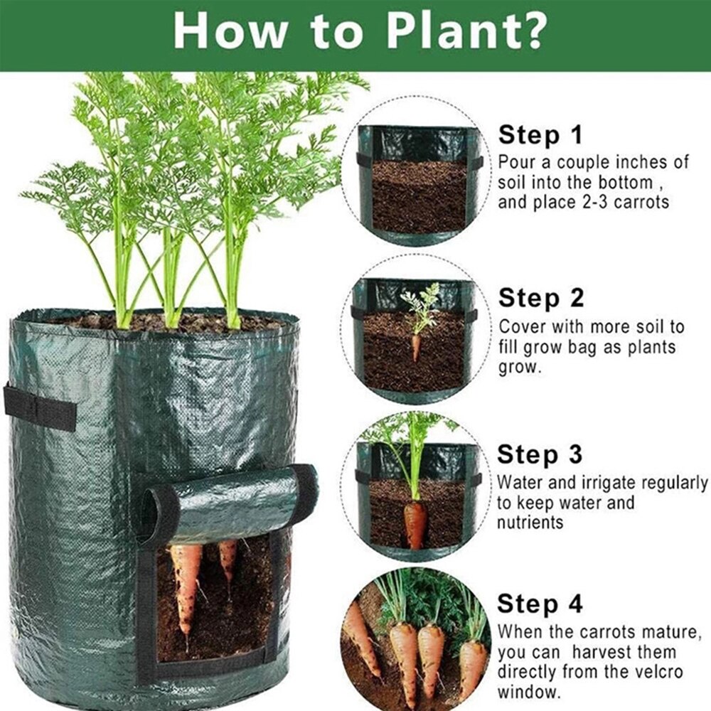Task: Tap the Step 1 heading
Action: pos(540,134)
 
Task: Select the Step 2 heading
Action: pos(541,298)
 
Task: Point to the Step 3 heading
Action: pos(540,454)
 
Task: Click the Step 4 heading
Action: pos(540,604)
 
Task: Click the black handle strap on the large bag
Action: pos(40,408)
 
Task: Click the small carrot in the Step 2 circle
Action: pos(416,347)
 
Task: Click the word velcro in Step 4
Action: pos(644,671)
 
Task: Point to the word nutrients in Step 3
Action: pos(530,523)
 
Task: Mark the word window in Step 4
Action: pos(528,690)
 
